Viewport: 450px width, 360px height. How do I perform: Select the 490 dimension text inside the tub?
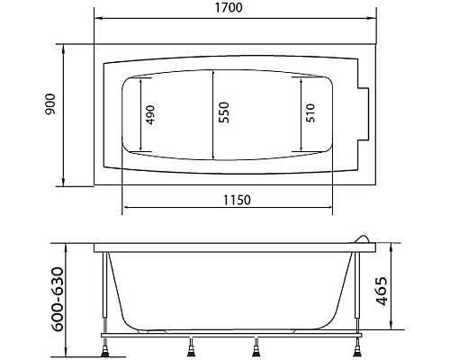(x=150, y=115)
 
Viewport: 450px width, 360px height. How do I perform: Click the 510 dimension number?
(x=310, y=115)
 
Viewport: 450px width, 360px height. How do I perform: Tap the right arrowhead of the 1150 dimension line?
(x=335, y=208)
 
